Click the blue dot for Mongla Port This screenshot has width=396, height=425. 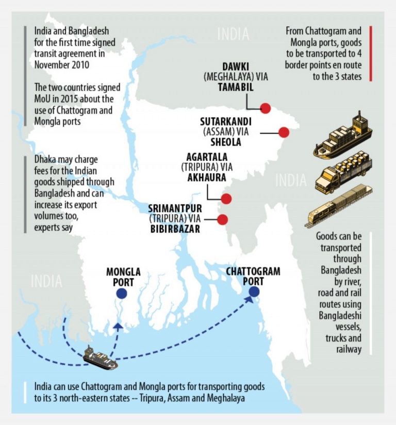(x=121, y=293)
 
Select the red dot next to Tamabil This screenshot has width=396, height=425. (x=266, y=108)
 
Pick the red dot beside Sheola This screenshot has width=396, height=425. (x=283, y=132)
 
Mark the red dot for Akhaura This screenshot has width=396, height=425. (x=226, y=199)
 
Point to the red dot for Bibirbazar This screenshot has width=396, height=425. (x=222, y=219)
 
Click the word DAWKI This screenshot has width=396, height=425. (x=237, y=67)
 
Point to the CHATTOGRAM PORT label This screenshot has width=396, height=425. (x=253, y=276)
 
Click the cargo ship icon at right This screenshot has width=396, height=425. (x=342, y=137)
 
